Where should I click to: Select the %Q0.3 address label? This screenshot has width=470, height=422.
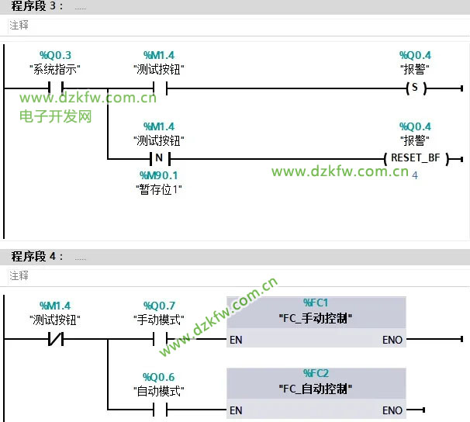tap(55, 55)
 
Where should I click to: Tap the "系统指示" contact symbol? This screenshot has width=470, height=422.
tap(55, 88)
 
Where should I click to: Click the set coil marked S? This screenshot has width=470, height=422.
tap(415, 88)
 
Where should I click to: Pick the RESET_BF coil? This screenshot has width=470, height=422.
tap(415, 158)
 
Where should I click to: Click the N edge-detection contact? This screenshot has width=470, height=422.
tap(159, 158)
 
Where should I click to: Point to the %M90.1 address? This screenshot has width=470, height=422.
tap(159, 175)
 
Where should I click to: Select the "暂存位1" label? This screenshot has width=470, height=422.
tap(159, 189)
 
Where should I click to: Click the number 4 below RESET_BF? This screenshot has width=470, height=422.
tap(415, 176)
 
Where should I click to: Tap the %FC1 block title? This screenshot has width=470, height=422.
tap(316, 303)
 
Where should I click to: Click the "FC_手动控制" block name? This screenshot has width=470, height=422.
tap(316, 318)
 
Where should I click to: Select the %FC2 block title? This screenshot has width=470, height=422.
tap(316, 373)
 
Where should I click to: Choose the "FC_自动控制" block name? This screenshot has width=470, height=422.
tap(316, 388)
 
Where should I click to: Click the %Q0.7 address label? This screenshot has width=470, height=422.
tap(159, 306)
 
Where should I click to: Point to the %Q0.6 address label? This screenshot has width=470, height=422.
tap(159, 378)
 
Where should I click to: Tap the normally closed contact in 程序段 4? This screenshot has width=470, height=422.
tap(55, 339)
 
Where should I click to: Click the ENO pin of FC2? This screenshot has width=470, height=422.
tap(392, 410)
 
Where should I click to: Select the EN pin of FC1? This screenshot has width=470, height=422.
tap(236, 340)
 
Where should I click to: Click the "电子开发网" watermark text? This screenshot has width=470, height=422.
tap(56, 116)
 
